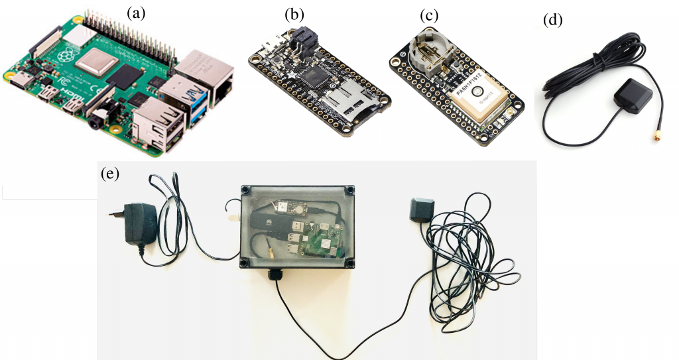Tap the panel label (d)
point(552,20)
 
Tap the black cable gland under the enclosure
point(274,274)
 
